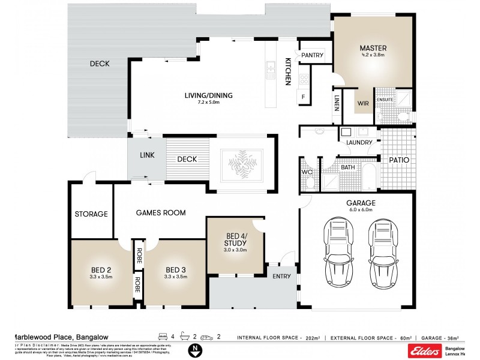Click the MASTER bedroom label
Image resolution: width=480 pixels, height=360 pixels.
coord(373,47)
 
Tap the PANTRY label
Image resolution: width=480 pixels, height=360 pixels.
coord(312,55)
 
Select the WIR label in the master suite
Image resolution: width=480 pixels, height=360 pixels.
coord(363,103)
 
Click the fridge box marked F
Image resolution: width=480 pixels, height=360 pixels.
coord(303,97)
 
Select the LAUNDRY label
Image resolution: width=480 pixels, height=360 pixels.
coord(359,142)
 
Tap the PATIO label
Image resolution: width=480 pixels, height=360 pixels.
coord(398,161)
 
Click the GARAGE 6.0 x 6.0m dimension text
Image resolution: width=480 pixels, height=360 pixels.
coord(360,210)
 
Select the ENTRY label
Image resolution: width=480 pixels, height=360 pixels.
coord(281,276)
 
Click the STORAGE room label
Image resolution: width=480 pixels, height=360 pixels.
coord(91,214)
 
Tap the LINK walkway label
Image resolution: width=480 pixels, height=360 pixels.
coord(147,155)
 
